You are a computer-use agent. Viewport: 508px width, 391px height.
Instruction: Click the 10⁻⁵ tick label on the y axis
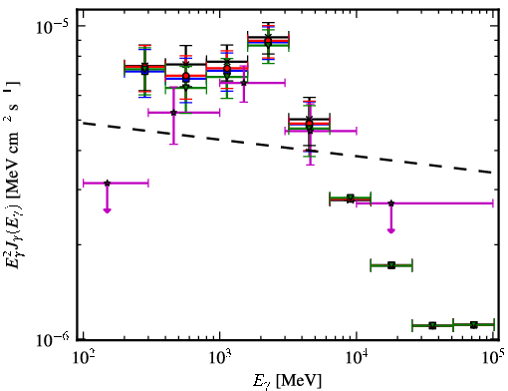pos(52,27)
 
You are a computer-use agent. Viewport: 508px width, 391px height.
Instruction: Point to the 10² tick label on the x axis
pos(84,358)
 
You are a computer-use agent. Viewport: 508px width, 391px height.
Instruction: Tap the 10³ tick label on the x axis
pos(220,358)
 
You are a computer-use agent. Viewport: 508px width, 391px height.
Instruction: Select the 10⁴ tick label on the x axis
pos(357,358)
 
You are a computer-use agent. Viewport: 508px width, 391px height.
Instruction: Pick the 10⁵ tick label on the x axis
pos(493,358)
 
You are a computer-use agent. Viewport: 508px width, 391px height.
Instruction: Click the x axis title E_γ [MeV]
pos(287,381)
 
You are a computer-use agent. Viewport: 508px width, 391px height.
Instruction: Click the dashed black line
pos(287,148)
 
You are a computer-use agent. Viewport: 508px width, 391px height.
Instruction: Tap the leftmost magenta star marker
pos(107,183)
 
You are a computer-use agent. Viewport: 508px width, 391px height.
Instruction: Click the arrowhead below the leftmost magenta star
pos(107,210)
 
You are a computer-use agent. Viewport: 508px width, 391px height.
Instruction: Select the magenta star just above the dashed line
pos(173,113)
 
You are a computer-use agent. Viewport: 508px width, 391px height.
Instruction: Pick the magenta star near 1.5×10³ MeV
pos(244,83)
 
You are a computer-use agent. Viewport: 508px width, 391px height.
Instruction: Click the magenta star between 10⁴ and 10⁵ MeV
pos(391,203)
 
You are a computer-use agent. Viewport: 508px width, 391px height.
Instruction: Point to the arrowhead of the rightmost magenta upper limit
pos(391,230)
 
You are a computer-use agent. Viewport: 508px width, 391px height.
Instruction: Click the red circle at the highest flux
pos(268,41)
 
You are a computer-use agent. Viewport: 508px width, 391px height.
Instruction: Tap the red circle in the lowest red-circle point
pos(309,124)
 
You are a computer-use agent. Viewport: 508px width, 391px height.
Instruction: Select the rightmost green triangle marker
pos(474,325)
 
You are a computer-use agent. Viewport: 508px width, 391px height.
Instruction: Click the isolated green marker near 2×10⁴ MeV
pos(391,265)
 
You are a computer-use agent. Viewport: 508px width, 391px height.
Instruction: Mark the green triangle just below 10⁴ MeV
pos(351,197)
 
